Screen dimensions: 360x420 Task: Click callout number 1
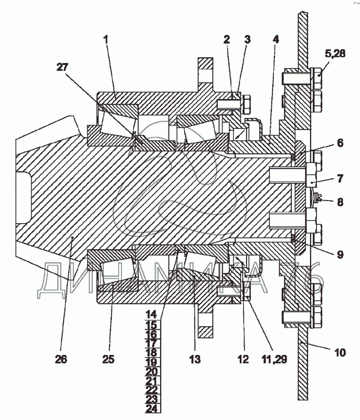106,40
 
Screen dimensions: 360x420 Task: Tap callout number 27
62,67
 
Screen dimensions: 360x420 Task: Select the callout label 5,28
335,54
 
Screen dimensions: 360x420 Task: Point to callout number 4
276,39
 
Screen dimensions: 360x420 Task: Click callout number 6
340,143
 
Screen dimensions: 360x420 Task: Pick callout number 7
340,178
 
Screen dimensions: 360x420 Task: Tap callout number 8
340,202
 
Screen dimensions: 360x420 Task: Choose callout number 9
340,254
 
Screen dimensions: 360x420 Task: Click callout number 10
340,352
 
